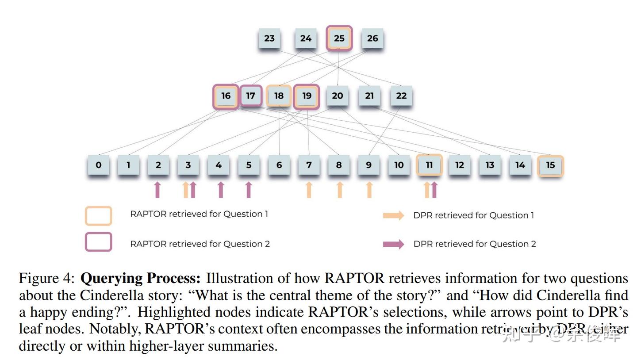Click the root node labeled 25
(339, 38)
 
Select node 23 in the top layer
(269, 38)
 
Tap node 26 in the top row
(372, 38)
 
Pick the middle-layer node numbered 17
(251, 96)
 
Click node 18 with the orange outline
(279, 96)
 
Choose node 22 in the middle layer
(401, 96)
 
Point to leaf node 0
(98, 165)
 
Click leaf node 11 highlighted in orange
(429, 165)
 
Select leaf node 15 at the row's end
(550, 165)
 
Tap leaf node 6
(279, 165)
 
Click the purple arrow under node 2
(157, 190)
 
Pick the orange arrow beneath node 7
(309, 190)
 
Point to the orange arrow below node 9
(369, 190)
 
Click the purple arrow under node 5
(249, 190)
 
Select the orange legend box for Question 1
(98, 216)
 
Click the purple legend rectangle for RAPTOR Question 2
(98, 242)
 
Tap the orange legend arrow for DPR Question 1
(393, 215)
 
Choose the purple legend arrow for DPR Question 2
(393, 244)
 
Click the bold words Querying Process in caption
(140, 279)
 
